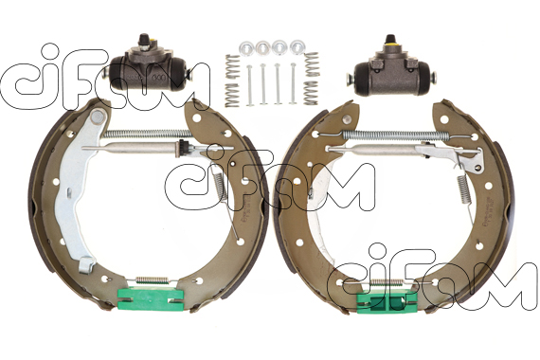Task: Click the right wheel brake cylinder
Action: [x=391, y=72]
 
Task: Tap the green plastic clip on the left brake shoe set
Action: [x=151, y=298]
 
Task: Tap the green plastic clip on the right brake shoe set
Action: [x=387, y=301]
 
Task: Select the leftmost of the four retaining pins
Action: [x=249, y=85]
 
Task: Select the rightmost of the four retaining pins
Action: [x=293, y=83]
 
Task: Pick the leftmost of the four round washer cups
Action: [x=246, y=47]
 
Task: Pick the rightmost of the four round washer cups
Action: [x=297, y=46]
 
